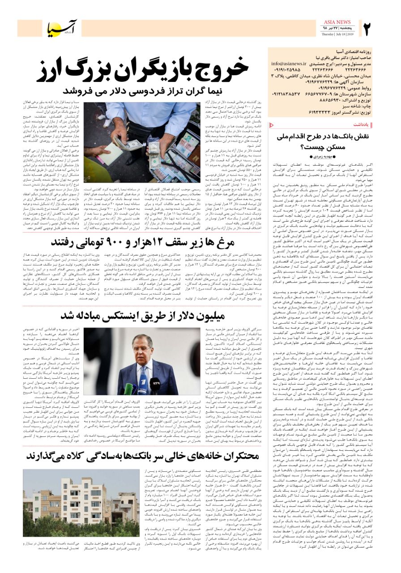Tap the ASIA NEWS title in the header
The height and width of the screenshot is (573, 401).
(x=337, y=22)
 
